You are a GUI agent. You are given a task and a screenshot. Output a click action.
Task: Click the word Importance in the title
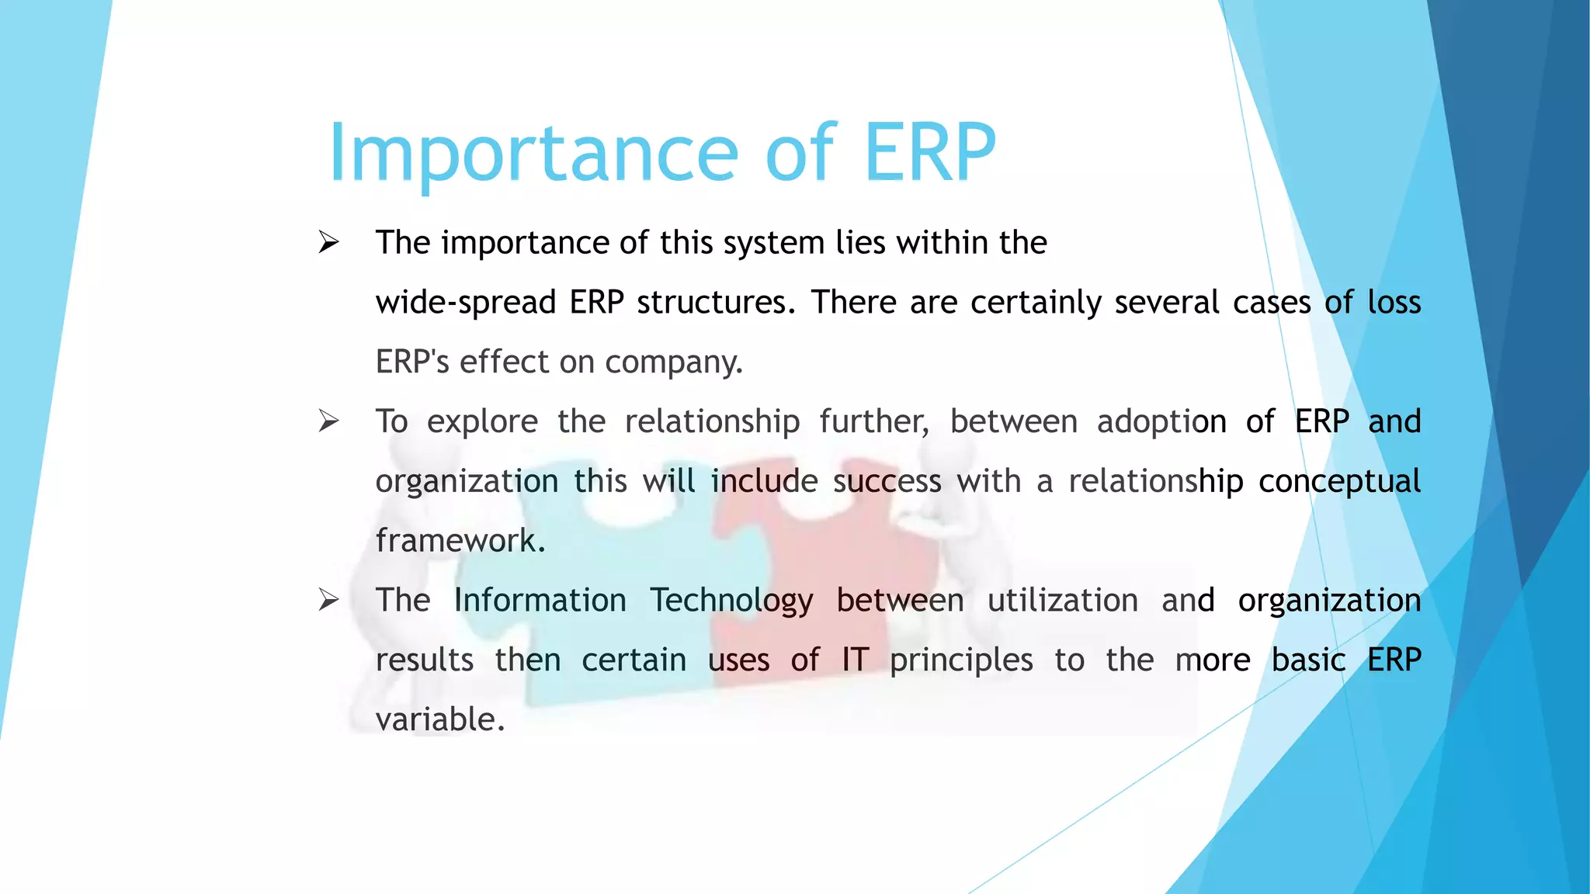[x=533, y=154]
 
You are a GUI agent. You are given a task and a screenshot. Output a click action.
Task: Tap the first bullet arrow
[x=328, y=243]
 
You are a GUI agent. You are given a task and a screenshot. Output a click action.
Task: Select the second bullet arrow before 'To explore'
[x=328, y=421]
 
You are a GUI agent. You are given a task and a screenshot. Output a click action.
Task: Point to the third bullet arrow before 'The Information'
[x=328, y=600]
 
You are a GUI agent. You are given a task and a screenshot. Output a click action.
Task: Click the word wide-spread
[x=465, y=303]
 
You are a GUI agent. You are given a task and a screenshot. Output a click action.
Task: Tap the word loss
[x=1394, y=302]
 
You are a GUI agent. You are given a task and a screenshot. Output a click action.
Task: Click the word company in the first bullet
[x=672, y=362]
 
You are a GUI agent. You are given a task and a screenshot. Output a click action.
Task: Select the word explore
[x=482, y=422]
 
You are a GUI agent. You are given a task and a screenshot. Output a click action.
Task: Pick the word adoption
[x=1161, y=422]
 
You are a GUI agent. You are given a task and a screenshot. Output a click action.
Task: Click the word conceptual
[x=1339, y=482]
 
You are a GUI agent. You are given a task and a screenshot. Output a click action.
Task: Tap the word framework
[x=460, y=541]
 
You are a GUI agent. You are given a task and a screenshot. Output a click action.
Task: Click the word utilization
[x=1062, y=601]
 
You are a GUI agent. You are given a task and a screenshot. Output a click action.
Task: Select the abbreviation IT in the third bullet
[x=855, y=660]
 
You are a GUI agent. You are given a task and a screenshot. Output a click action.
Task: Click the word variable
[x=439, y=719]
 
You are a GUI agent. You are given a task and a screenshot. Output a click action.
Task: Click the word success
[x=887, y=482]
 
